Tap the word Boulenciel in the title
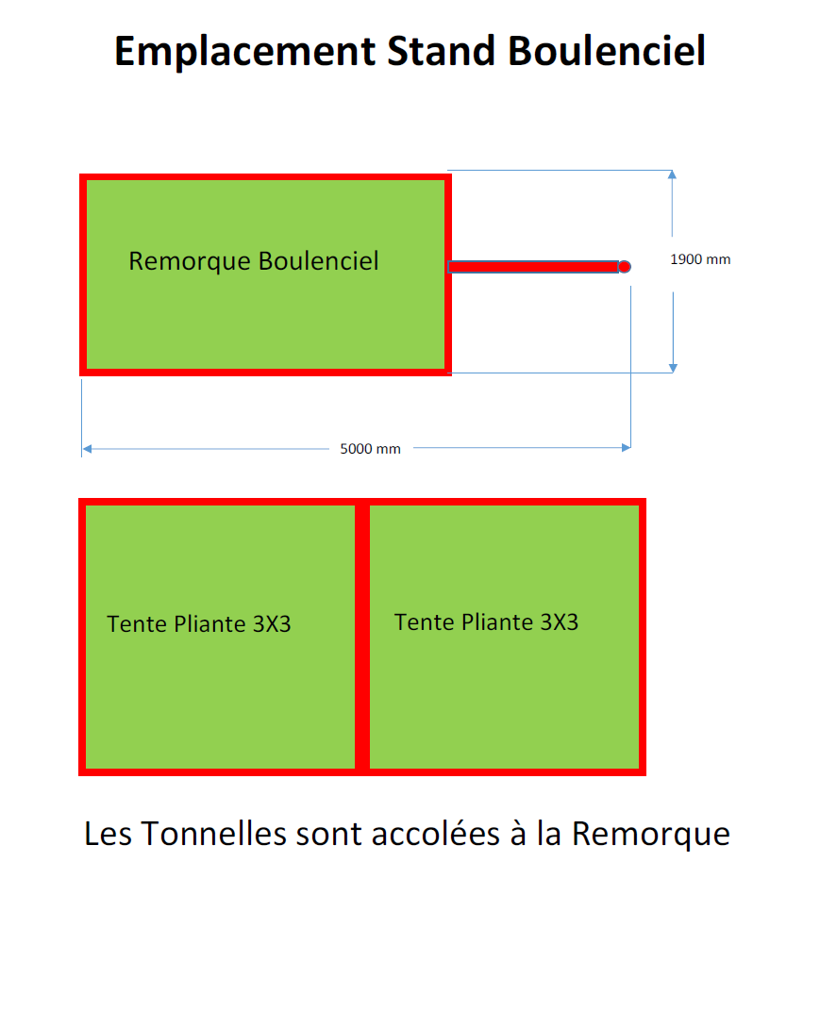(x=608, y=52)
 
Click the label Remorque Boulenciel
(x=254, y=261)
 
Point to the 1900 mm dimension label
(x=700, y=259)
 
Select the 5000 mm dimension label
(x=370, y=449)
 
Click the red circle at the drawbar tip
(x=624, y=267)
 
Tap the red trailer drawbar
(x=533, y=267)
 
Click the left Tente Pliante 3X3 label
(x=199, y=624)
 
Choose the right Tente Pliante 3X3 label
(x=486, y=622)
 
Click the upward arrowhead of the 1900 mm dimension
(x=672, y=175)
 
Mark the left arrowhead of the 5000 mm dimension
(x=87, y=448)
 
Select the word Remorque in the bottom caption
(x=651, y=835)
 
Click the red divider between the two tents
(x=361, y=638)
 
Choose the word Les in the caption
(x=109, y=835)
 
